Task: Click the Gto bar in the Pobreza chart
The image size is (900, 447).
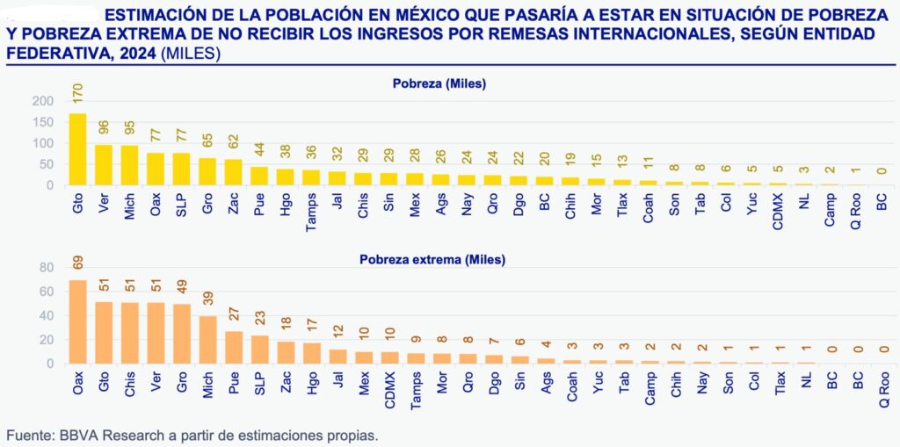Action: pos(77,149)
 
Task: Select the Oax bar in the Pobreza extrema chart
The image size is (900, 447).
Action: pos(77,321)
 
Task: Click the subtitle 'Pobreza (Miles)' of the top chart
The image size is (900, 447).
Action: pos(439,83)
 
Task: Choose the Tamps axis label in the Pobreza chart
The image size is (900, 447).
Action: pos(311,211)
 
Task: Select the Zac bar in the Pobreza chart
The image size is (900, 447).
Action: pos(233,172)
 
